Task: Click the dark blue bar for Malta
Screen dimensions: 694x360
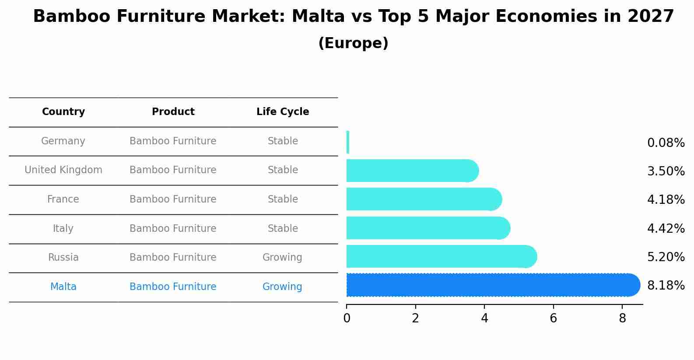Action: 493,285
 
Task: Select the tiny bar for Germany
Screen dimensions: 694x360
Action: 347,142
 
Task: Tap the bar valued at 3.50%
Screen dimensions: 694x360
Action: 413,171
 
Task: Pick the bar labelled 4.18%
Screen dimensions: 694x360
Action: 424,199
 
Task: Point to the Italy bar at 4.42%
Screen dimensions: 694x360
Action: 428,228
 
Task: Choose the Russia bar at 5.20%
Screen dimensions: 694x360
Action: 442,256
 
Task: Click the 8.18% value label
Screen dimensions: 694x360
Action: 666,285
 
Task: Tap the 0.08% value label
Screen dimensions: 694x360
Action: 666,143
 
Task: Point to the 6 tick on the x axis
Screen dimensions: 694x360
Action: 554,318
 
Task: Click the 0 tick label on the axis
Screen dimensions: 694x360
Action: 347,318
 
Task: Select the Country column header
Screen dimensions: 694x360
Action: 63,112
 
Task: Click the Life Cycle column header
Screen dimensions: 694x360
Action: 283,112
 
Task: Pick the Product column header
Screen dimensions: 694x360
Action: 173,112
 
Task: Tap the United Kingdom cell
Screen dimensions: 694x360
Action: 63,170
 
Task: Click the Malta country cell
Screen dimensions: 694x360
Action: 63,287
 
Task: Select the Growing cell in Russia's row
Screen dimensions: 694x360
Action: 282,258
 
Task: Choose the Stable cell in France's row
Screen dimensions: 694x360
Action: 283,199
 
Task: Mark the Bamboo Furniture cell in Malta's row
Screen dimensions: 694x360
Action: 173,287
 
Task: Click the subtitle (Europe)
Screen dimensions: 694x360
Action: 354,43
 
